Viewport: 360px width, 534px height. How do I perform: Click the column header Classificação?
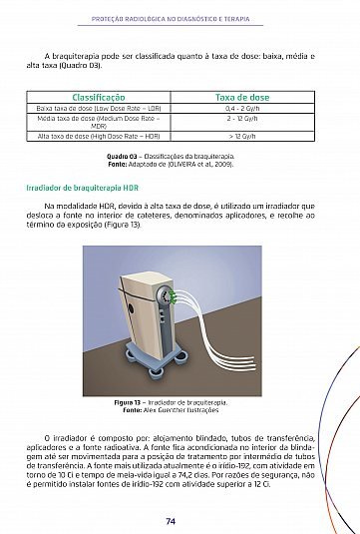[99, 98]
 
